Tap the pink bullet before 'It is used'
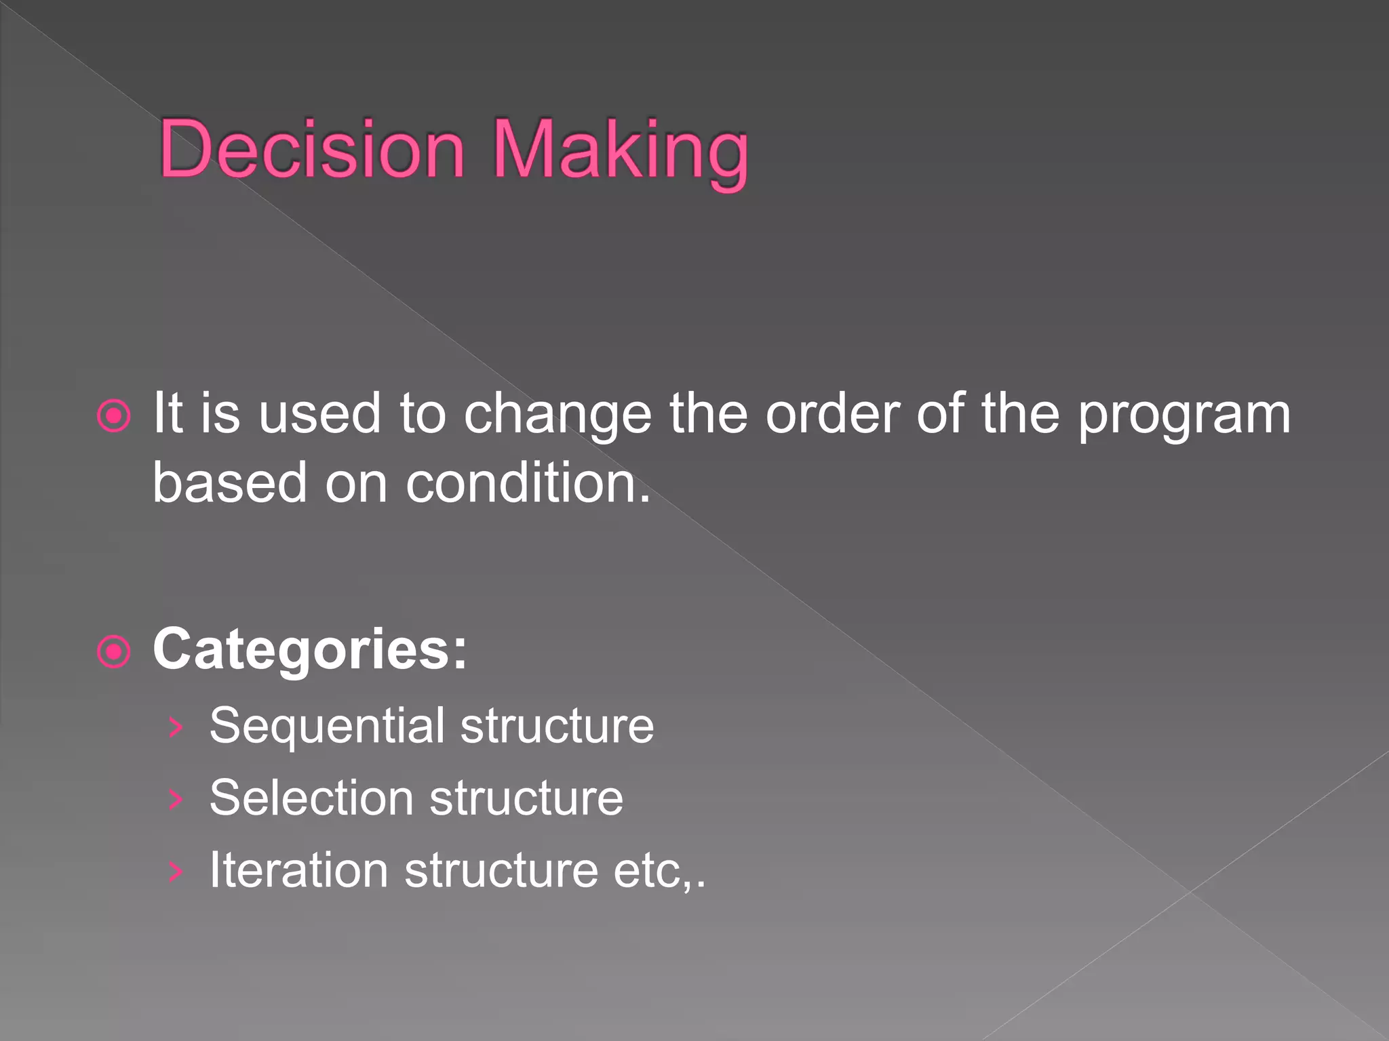click(114, 415)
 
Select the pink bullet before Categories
click(114, 652)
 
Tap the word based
click(230, 483)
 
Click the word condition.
click(528, 483)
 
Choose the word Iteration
click(298, 870)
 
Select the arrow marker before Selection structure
click(176, 800)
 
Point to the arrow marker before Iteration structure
click(176, 872)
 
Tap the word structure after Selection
click(526, 798)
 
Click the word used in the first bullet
click(319, 415)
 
